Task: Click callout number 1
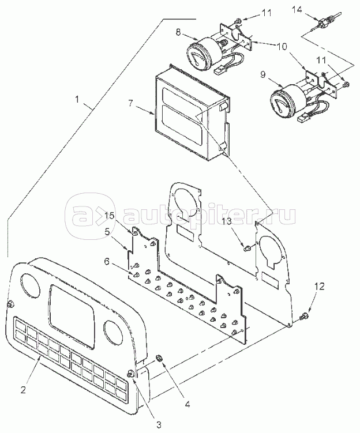click(79, 99)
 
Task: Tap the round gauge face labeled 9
click(280, 103)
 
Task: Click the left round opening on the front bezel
click(29, 284)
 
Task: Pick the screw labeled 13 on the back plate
click(246, 248)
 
